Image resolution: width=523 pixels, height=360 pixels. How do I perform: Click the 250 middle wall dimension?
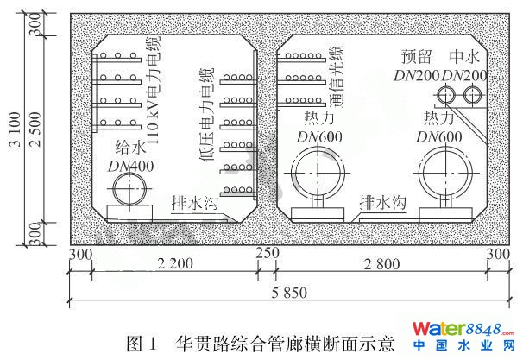(x=268, y=255)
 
